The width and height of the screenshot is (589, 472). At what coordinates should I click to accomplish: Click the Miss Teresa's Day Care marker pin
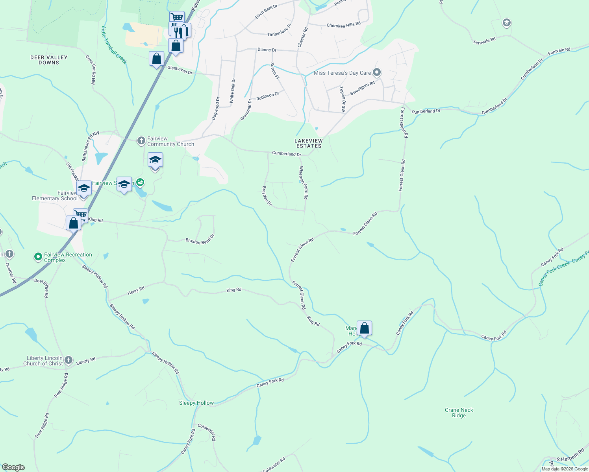(377, 72)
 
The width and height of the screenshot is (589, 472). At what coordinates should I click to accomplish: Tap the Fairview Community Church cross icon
(141, 141)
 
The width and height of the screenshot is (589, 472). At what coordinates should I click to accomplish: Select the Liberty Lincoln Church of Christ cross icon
(69, 360)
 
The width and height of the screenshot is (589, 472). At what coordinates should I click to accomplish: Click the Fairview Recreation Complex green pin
(38, 257)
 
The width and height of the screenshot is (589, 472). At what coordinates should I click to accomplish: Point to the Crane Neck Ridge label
(459, 413)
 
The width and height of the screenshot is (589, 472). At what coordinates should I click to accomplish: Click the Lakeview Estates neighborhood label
(309, 143)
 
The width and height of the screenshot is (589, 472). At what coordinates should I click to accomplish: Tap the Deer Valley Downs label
(49, 60)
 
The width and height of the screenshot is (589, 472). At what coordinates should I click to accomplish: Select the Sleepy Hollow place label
(196, 403)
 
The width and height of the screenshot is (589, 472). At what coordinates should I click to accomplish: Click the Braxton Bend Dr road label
(200, 239)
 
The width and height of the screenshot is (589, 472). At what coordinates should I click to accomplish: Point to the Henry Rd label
(136, 291)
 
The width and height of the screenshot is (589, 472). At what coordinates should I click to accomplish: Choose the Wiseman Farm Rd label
(303, 183)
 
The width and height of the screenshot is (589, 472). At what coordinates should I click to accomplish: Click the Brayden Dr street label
(267, 195)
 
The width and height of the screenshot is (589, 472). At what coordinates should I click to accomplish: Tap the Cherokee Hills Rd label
(343, 25)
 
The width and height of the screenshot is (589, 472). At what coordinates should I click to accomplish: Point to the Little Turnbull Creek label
(114, 45)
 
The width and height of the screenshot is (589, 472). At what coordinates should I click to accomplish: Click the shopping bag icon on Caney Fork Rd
(364, 328)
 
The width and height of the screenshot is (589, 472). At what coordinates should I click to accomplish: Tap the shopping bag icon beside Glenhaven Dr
(156, 59)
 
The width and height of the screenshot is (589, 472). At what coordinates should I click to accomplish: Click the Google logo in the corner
(13, 467)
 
